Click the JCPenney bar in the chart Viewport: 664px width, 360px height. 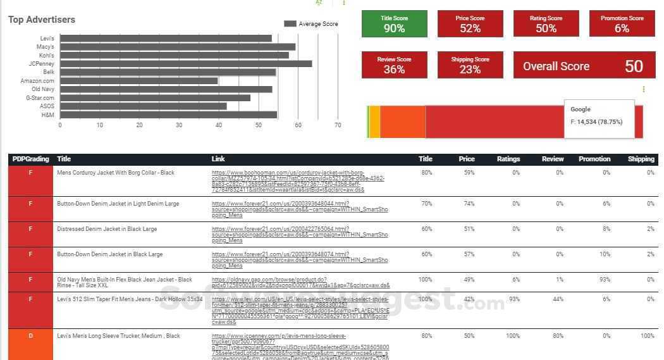185,64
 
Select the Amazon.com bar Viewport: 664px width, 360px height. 138,81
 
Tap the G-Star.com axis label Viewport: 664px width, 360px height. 40,98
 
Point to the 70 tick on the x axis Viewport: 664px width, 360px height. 338,125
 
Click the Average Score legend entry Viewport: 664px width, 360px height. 311,24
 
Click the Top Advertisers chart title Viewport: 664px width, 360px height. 42,20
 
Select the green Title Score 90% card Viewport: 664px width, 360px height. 394,24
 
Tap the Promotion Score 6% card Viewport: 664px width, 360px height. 622,24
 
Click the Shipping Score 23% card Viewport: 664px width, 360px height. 470,65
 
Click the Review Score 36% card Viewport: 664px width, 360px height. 394,65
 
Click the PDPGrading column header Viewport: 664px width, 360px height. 30,159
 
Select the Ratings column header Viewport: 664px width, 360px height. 508,159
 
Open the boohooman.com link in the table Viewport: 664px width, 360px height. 297,181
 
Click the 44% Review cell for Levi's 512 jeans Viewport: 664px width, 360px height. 556,299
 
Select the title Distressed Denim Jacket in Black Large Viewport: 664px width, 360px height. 107,229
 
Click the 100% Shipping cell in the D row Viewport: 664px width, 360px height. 646,336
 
